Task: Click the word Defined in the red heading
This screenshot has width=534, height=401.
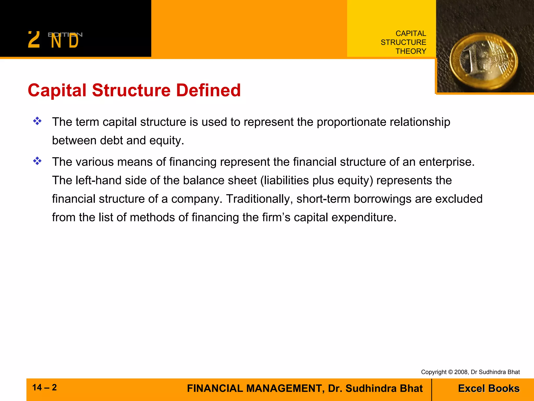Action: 208,90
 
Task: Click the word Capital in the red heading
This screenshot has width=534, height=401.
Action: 57,90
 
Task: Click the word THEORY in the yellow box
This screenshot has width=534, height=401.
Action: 411,51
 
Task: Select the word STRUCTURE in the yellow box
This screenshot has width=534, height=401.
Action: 403,42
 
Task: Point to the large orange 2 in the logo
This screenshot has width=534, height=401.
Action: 34,40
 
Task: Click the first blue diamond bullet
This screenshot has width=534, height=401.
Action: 37,121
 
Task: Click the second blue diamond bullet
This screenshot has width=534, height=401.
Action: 37,161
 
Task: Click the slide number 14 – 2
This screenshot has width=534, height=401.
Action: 44,387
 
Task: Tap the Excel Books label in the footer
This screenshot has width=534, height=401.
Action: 489,388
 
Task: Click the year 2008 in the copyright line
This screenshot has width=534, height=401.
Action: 461,372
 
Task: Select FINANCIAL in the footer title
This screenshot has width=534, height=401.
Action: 215,388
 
